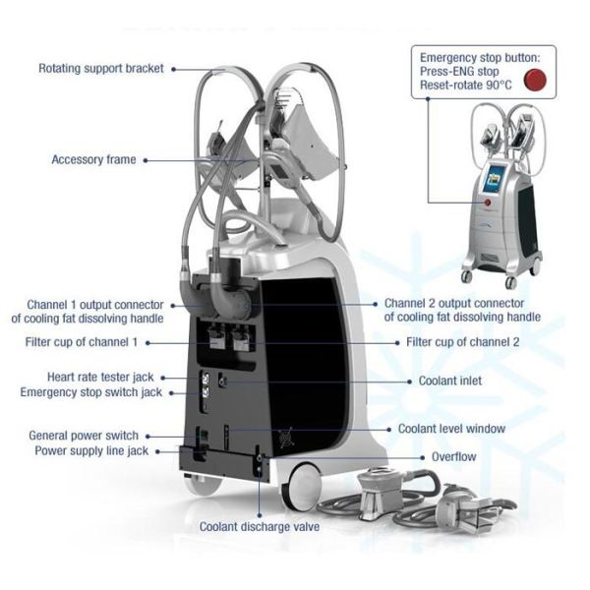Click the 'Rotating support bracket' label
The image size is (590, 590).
click(x=102, y=69)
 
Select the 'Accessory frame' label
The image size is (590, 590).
click(x=93, y=159)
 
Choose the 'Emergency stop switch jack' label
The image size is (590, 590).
click(x=91, y=392)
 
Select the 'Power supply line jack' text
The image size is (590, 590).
click(x=90, y=450)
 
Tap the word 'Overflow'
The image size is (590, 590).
click(x=454, y=457)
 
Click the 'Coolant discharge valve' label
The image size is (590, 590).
click(x=260, y=527)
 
